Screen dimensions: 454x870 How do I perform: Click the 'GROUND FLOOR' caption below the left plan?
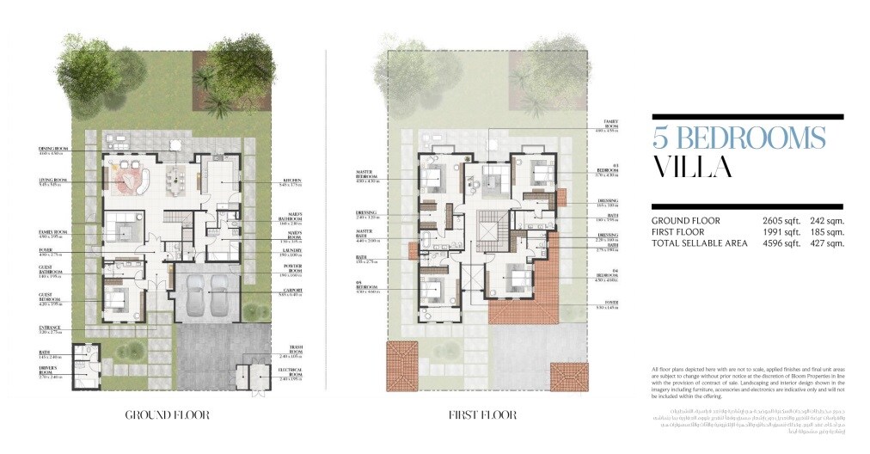point(167,415)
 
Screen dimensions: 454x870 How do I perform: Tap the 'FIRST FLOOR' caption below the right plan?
point(482,415)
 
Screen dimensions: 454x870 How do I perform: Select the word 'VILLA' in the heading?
point(692,167)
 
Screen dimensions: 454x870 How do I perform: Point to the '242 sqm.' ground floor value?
point(827,221)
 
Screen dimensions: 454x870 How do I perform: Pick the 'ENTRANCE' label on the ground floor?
point(53,327)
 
